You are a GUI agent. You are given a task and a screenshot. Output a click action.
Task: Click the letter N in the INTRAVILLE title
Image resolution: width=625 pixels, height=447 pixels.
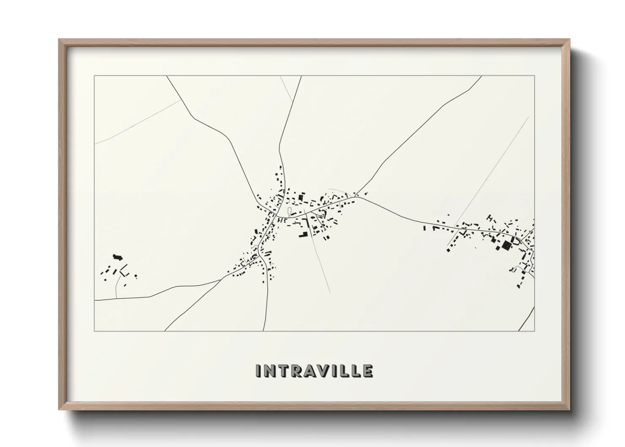point(270,371)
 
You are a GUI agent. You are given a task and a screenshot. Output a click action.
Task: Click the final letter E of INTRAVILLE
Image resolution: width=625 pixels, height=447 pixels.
point(367,371)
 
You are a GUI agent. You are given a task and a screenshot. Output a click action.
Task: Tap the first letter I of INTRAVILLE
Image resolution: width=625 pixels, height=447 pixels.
point(258,371)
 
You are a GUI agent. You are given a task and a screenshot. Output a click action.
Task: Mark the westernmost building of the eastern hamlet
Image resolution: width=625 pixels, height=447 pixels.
point(424,228)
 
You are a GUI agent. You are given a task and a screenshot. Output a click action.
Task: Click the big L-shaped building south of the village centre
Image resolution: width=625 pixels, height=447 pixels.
point(303,234)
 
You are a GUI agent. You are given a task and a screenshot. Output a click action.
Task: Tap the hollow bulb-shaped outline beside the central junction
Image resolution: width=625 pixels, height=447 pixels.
point(289,212)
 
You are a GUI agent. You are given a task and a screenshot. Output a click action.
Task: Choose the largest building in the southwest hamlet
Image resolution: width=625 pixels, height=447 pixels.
point(117,256)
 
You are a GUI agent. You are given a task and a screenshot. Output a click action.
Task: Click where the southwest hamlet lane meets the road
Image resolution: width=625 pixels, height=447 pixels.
point(116,298)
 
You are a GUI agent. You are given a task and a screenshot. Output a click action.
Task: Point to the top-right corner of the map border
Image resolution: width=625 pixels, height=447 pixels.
point(534,76)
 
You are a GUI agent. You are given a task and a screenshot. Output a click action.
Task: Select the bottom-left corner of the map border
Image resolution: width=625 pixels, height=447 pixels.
point(95,331)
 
